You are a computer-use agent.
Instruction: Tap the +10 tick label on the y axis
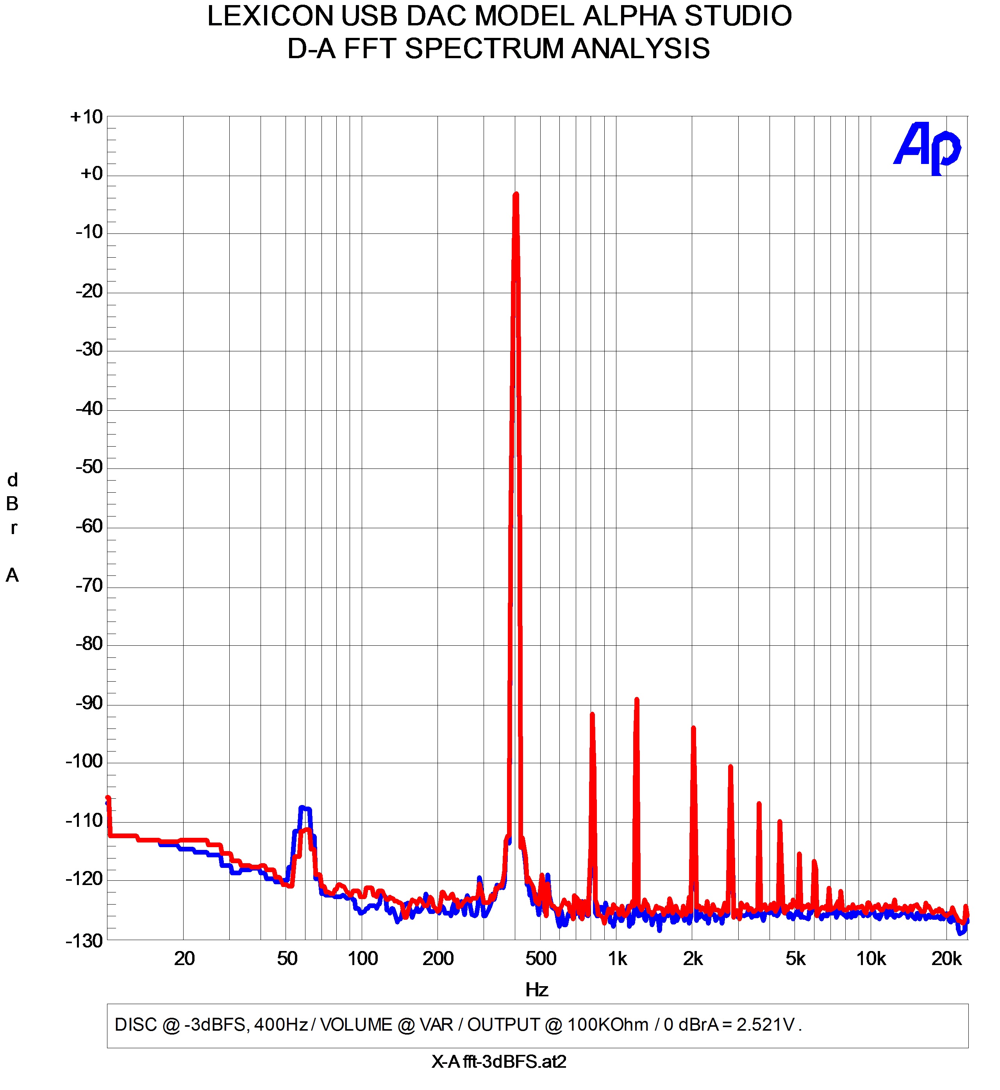[87, 117]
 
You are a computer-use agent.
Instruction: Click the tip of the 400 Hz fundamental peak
[516, 195]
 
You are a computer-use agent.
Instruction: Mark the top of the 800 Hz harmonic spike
[593, 715]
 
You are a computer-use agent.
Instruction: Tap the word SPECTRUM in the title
[484, 49]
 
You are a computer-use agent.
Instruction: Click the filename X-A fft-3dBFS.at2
[499, 1062]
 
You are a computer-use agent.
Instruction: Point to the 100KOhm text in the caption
[608, 1025]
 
